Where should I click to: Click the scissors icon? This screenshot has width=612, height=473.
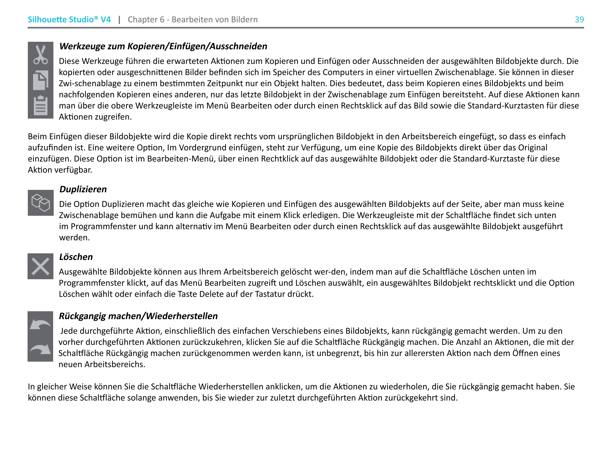coord(41,55)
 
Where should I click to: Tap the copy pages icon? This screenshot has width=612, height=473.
coord(41,80)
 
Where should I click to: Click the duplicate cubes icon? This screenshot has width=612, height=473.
coord(41,202)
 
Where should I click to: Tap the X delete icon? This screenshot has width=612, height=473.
coord(40,266)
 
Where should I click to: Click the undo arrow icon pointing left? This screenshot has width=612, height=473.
coord(40,324)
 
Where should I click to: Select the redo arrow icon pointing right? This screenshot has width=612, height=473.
coord(40,349)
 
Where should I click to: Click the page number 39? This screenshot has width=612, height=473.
coord(579,19)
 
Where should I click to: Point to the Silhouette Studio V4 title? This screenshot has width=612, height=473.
coord(69,19)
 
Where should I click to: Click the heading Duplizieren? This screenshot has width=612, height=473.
coord(83,189)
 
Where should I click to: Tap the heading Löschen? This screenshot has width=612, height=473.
coord(76,257)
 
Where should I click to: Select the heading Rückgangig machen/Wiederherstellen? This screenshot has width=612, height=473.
coord(138,316)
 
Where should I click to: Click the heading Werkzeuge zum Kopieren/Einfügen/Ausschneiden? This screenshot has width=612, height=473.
coord(163,46)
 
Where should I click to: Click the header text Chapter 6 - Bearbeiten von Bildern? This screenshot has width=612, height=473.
coord(193,19)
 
